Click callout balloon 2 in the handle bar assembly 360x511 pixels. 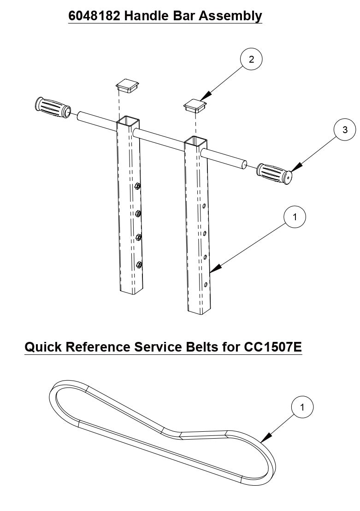pos(251,59)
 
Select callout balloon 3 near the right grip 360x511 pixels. pos(345,130)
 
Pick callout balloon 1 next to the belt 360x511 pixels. pos(302,407)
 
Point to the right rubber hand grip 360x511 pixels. pos(274,172)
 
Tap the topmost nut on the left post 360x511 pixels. pos(137,187)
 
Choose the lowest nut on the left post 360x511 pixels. pos(138,264)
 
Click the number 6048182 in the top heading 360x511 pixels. pos(94,16)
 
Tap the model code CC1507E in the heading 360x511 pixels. pos(271,347)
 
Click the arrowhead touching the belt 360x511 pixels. pos(265,440)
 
